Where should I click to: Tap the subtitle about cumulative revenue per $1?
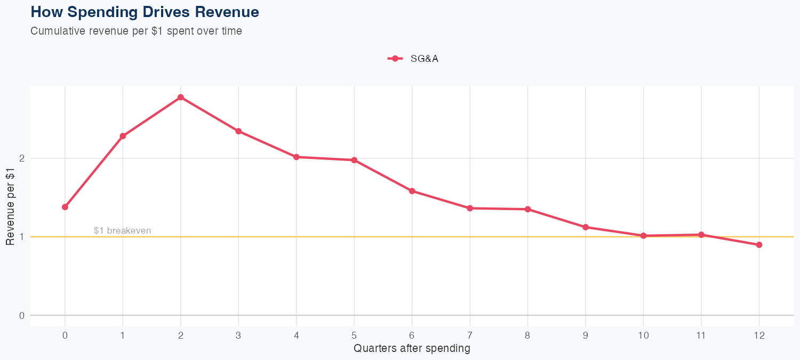pos(136,31)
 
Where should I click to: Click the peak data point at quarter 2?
pos(181,97)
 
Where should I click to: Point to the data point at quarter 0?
pos(65,207)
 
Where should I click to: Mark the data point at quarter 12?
pos(759,245)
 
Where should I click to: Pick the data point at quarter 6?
pos(412,191)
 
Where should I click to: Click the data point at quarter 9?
pos(586,227)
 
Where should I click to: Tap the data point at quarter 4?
pos(297,157)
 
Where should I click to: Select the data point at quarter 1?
pos(123,136)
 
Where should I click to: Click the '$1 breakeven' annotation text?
pos(122,231)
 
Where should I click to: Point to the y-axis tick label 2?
pos(22,158)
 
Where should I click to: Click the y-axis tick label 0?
pos(22,315)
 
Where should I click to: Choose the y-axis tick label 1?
pos(22,237)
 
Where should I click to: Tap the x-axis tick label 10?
pos(643,335)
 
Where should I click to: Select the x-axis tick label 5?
pos(354,335)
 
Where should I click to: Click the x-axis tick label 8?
pos(527,335)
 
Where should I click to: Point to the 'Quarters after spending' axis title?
pos(412,349)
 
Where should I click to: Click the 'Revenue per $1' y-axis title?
pos(10,206)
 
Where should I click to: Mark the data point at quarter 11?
pos(701,235)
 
